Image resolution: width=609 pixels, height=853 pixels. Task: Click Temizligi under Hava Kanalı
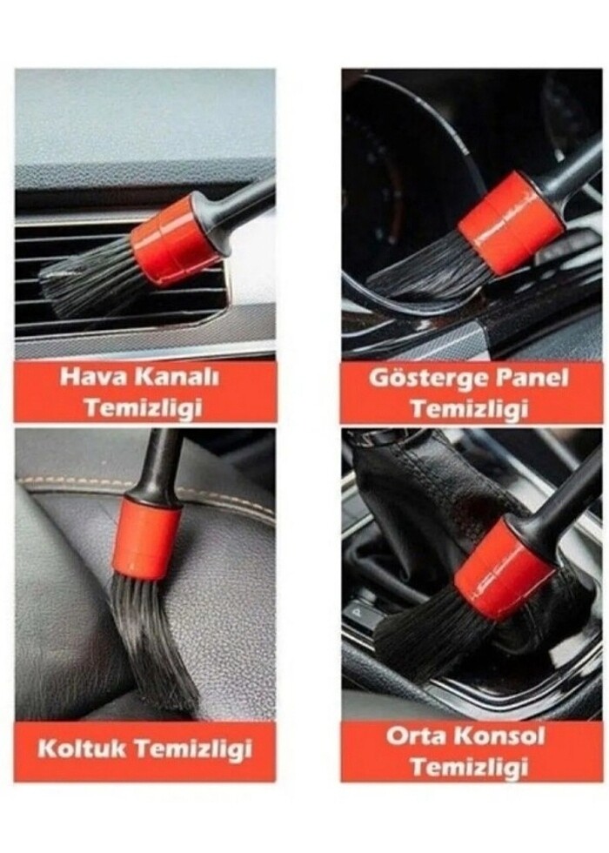[144, 408]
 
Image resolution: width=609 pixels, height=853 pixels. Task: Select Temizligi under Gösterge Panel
[469, 408]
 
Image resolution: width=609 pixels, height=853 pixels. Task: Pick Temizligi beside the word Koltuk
[193, 750]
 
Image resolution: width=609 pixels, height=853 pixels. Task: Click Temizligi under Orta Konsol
[469, 767]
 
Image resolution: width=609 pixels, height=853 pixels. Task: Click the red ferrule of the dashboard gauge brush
[512, 223]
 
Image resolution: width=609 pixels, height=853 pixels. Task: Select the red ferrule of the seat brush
[146, 538]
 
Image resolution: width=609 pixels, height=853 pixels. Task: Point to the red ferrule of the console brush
[504, 569]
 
